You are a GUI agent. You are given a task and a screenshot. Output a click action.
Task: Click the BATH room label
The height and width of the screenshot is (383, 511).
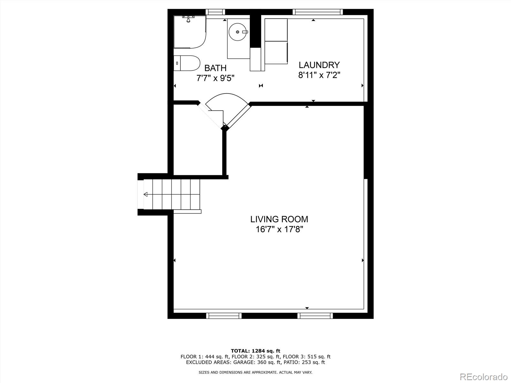(x=215, y=68)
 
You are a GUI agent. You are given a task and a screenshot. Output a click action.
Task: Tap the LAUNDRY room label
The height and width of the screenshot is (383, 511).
(x=319, y=65)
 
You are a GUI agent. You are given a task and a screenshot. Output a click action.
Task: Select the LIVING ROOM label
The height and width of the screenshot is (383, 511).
(x=279, y=219)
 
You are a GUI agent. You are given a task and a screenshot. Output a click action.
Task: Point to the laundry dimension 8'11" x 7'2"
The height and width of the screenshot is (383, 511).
(x=319, y=75)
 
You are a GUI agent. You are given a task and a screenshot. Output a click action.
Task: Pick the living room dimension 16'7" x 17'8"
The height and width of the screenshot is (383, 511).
(x=279, y=229)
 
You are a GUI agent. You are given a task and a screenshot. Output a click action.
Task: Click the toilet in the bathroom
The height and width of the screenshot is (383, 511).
(x=187, y=63)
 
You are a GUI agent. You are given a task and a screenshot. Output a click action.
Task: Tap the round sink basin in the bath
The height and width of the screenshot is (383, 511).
(x=238, y=32)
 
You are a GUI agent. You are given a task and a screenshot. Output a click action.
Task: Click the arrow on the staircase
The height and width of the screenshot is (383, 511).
(x=146, y=194)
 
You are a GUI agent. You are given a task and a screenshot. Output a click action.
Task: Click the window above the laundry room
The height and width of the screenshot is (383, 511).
(x=317, y=12)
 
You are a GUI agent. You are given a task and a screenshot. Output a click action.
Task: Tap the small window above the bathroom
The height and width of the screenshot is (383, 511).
(x=215, y=12)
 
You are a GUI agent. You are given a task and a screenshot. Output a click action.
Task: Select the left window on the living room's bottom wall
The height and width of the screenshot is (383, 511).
(x=224, y=316)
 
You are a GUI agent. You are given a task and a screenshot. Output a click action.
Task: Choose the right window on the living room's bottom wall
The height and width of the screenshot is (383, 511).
(x=315, y=316)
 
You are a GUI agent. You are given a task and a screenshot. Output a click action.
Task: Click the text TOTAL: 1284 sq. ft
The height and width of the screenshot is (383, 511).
(x=256, y=351)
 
